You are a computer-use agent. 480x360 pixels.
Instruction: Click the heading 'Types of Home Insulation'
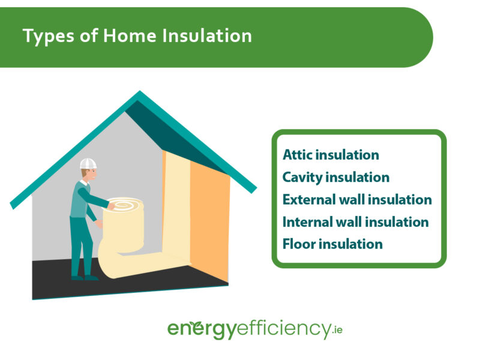click(137, 36)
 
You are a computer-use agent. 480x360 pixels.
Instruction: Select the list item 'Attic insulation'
click(331, 155)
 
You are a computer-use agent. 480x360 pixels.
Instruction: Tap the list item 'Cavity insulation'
click(336, 177)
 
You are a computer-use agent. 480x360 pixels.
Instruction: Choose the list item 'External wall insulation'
click(357, 199)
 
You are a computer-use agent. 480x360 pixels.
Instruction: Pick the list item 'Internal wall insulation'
click(355, 222)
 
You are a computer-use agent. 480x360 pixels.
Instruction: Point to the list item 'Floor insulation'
click(332, 244)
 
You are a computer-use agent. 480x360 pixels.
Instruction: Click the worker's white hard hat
click(88, 163)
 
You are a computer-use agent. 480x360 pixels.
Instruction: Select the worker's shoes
click(83, 277)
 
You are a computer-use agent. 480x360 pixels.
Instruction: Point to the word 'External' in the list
click(310, 199)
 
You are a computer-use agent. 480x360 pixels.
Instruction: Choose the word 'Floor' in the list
click(298, 244)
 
